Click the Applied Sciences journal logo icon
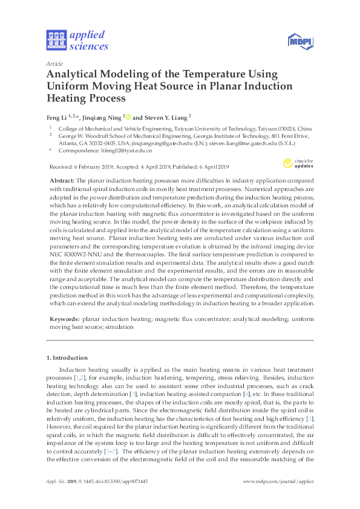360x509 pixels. click(x=55, y=41)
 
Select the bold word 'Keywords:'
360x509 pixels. click(x=63, y=317)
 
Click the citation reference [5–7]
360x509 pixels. click(x=110, y=450)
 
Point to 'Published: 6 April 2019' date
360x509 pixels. click(x=207, y=166)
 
